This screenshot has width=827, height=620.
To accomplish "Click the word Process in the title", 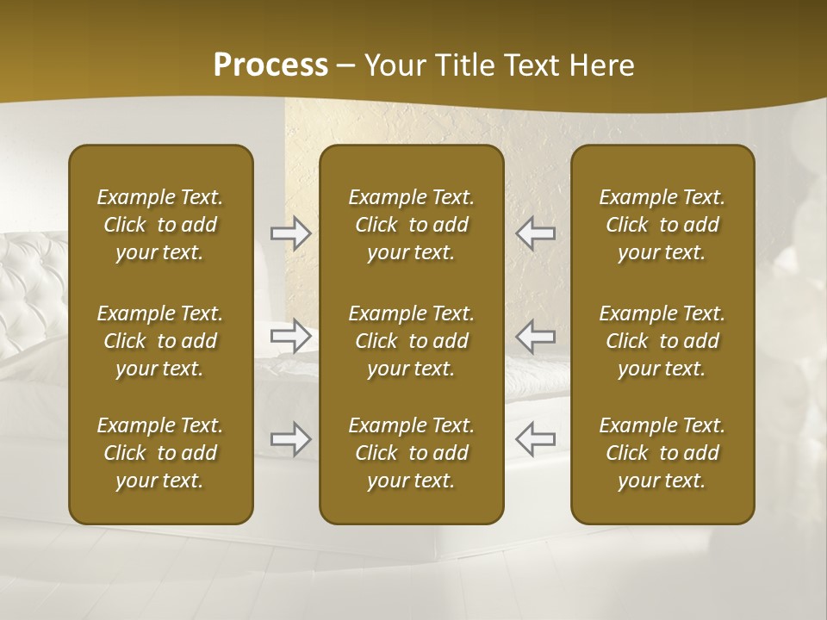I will point(270,65).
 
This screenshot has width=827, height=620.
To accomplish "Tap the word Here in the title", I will point(601,65).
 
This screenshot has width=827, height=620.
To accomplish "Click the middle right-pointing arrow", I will point(290,336).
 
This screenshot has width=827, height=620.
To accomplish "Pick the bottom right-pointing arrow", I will point(290,439).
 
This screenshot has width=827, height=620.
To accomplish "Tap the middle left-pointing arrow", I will point(535,336).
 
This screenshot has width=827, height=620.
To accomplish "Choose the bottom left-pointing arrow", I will point(535,439).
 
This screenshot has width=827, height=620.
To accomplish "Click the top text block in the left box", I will point(160,225).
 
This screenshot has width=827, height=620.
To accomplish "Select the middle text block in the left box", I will point(160,341).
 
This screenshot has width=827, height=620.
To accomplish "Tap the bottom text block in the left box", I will point(160,453).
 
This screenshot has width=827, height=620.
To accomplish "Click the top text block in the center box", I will point(411,225).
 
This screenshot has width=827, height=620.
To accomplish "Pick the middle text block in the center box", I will point(411,341).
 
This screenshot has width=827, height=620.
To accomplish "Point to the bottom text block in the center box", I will point(411,453).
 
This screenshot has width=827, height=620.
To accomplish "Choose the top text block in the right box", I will point(662,225).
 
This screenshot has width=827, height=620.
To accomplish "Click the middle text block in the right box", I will point(662,341).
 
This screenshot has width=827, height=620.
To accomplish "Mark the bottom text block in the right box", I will point(662,453).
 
